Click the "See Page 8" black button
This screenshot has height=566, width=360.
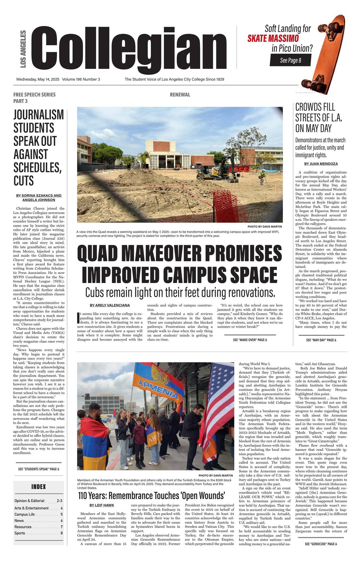tap(290, 60)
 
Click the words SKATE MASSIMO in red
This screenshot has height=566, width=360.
tap(273, 38)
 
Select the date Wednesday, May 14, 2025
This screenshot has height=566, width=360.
tap(38, 79)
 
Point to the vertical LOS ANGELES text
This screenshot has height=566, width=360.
tap(23, 49)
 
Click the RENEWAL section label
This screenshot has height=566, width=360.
tap(180, 95)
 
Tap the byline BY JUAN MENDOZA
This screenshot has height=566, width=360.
tap(321, 164)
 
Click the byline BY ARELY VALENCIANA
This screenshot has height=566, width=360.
tap(110, 305)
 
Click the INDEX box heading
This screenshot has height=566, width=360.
tap(38, 487)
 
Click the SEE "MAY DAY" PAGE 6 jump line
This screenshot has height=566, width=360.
tap(321, 340)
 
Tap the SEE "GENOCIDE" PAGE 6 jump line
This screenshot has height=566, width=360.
tap(321, 544)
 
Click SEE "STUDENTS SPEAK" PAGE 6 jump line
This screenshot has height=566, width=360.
tap(39, 469)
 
